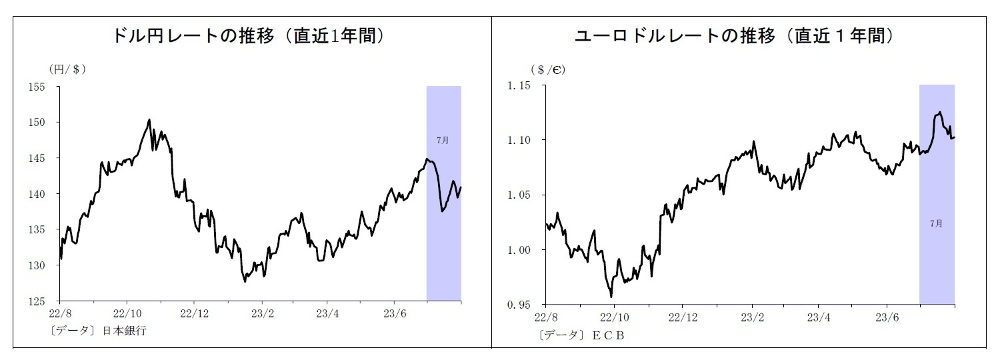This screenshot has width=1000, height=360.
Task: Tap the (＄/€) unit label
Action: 548,69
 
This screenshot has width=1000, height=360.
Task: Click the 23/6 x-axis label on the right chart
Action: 887,317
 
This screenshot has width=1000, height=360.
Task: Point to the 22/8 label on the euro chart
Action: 546,317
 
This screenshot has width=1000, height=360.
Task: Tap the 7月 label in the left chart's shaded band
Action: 443,140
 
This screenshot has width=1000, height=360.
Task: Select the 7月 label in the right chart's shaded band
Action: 936,224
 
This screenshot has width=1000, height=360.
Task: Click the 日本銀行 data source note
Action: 98,331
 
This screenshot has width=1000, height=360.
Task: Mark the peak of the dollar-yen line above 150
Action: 149,120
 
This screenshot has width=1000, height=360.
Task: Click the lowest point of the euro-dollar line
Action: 611,297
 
